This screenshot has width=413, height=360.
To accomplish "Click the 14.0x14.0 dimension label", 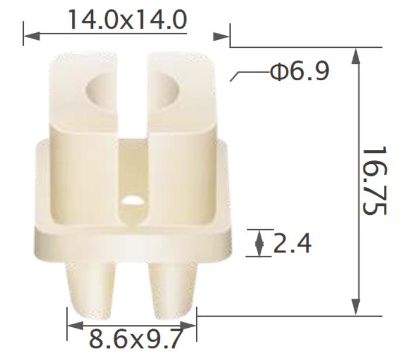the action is coord(128,20).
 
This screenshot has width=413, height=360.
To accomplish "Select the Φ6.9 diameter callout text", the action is coord(300,71).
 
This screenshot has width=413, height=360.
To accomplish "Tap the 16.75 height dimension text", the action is coord(374,180).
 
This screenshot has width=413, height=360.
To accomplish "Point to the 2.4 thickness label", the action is coord(292,243).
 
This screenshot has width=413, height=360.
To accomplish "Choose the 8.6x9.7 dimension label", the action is coord(135,338).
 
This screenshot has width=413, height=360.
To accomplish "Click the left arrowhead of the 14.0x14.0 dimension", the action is coord(32,36).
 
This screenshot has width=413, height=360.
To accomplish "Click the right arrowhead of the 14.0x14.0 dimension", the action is coord(221,36).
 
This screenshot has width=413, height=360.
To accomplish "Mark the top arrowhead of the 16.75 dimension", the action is coord(356,56).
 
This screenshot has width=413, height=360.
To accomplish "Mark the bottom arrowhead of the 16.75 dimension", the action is coord(356,307).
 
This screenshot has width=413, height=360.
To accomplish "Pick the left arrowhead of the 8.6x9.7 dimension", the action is coord(75,325).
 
